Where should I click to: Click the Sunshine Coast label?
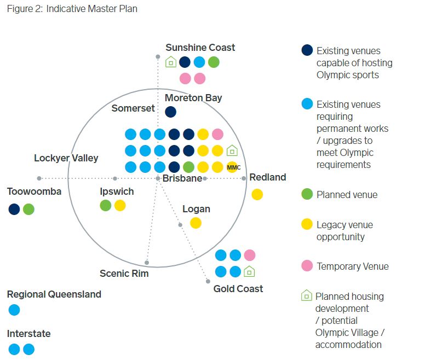click(x=200, y=48)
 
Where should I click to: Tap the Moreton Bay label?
click(x=193, y=98)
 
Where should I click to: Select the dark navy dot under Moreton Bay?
click(x=170, y=112)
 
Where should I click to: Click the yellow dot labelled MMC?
click(x=232, y=167)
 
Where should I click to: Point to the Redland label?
click(x=267, y=177)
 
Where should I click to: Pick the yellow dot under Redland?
click(x=257, y=194)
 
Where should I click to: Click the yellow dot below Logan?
click(x=196, y=223)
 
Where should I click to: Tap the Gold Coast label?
click(x=238, y=288)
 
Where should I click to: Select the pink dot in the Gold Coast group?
click(x=250, y=255)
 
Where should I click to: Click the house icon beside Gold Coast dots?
click(x=250, y=271)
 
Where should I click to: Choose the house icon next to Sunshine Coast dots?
click(x=171, y=62)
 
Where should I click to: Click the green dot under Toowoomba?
click(x=28, y=209)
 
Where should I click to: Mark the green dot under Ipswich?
click(x=106, y=205)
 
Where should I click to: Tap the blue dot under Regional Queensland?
click(x=14, y=310)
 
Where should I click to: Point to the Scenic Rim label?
click(x=124, y=274)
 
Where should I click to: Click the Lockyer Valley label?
click(x=66, y=158)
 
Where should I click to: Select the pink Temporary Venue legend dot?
click(x=307, y=266)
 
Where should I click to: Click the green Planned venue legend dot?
click(x=307, y=194)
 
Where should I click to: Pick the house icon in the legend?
click(x=306, y=296)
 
